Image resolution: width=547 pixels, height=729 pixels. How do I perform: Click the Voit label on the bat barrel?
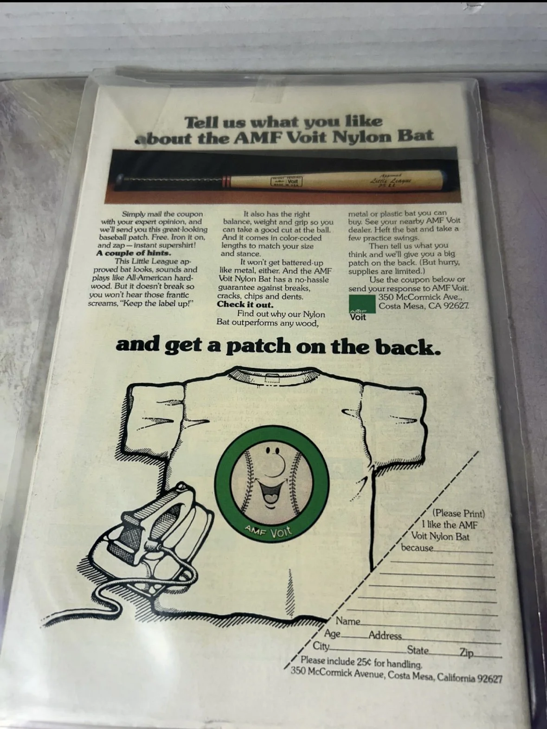click(x=286, y=181)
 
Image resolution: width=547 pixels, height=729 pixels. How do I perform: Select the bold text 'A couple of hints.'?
click(x=134, y=253)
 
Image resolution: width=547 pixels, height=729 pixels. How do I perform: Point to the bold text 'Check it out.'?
click(x=245, y=305)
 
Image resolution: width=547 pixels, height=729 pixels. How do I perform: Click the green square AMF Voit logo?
click(x=362, y=305)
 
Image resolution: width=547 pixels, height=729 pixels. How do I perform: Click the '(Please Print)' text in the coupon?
click(x=458, y=513)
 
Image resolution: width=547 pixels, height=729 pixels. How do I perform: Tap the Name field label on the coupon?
click(x=348, y=621)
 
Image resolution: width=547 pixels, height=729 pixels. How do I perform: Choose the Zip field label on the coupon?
click(x=466, y=652)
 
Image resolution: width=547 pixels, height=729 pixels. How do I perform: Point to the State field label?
click(x=418, y=650)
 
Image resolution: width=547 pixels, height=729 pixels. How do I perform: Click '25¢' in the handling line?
click(x=362, y=662)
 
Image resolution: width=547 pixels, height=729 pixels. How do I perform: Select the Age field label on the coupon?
click(x=332, y=633)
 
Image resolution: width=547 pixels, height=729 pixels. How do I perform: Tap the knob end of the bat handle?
click(x=119, y=179)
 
